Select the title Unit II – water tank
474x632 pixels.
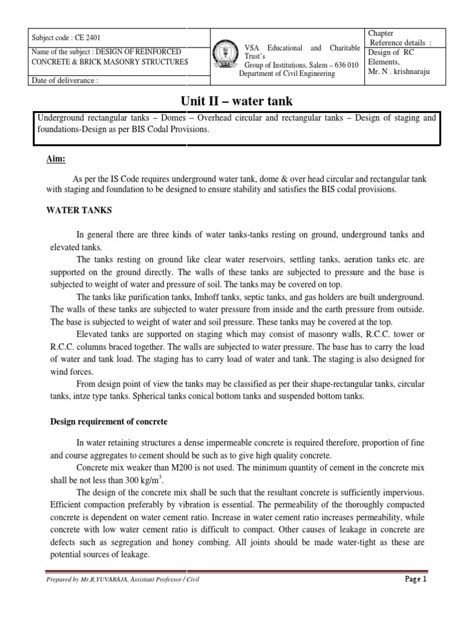click(x=236, y=101)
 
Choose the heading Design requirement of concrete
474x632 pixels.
click(x=108, y=422)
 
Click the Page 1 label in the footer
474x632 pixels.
click(x=416, y=580)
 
